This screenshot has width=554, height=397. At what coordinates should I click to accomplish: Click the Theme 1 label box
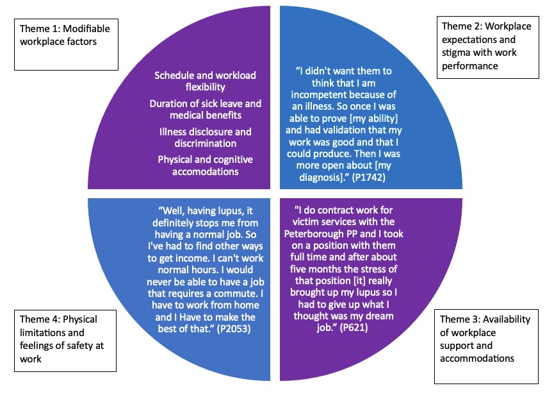click(67, 44)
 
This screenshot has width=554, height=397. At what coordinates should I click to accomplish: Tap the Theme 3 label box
click(487, 347)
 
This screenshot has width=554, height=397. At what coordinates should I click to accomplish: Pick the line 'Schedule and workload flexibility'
click(205, 81)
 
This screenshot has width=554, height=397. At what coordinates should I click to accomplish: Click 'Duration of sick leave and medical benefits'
click(205, 110)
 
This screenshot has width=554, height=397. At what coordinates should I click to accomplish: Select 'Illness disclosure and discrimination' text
click(205, 138)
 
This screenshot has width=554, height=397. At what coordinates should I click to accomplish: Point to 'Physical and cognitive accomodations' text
click(205, 165)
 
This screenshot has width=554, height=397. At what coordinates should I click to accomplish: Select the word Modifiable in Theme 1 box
click(88, 30)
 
